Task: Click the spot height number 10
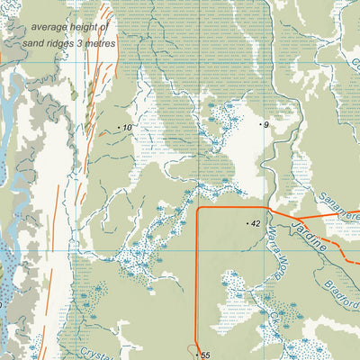point(127,128)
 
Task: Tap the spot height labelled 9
point(266,124)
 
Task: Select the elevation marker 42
point(256,223)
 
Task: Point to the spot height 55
point(205,356)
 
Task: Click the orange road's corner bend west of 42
point(198,210)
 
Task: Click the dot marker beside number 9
point(260,123)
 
